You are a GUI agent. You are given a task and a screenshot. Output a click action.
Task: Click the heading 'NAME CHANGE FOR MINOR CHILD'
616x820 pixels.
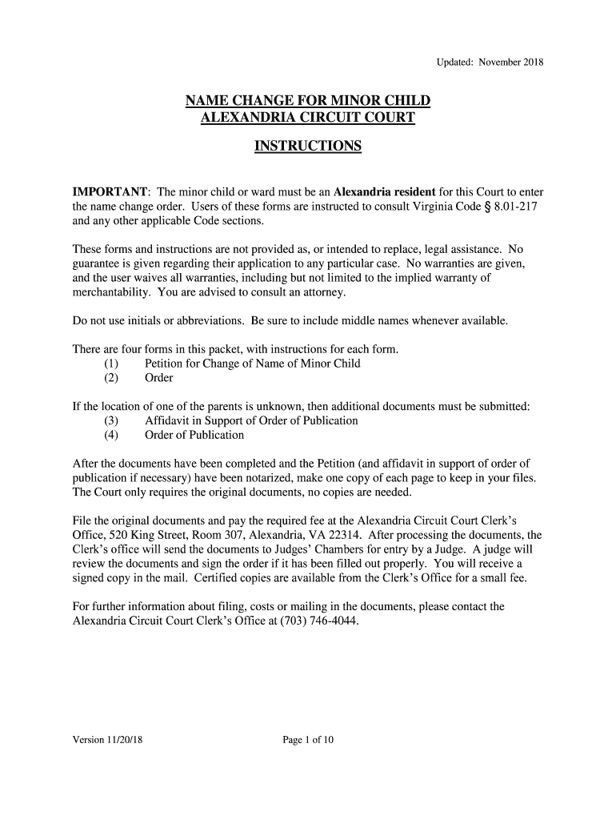308,101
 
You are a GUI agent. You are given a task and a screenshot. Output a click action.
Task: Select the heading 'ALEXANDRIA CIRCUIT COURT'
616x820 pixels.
308,118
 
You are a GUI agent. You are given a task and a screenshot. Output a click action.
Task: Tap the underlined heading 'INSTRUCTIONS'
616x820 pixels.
308,147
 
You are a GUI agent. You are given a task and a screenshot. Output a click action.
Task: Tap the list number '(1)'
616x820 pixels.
111,364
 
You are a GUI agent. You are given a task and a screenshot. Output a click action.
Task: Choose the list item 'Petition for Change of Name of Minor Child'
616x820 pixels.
252,364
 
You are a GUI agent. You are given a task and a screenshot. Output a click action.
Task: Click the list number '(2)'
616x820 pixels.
111,378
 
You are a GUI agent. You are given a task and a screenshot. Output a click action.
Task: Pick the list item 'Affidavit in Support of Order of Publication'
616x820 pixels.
251,420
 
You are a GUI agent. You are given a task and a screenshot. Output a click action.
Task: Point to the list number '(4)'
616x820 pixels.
111,435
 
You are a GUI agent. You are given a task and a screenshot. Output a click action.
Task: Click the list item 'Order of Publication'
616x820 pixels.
194,435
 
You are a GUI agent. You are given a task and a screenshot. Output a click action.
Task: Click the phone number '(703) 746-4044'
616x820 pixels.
316,621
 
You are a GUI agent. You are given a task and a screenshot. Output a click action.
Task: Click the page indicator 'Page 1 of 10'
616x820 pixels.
308,740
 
